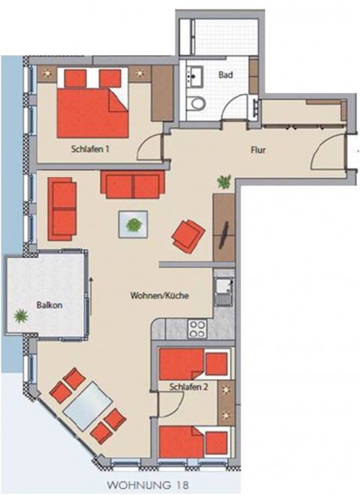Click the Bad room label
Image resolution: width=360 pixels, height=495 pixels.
coord(226,75)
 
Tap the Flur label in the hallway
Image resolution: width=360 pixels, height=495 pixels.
coord(258,150)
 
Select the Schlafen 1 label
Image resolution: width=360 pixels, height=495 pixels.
coord(90,148)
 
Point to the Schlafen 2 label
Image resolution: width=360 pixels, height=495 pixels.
coord(188,387)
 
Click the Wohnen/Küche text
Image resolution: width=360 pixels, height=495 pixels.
coord(160,295)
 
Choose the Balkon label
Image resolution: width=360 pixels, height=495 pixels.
coord(49,305)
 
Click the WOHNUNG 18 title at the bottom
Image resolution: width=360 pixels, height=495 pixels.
coord(148,484)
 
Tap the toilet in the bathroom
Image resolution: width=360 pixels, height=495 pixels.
coord(196,103)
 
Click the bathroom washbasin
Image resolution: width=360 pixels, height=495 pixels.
coord(194,76)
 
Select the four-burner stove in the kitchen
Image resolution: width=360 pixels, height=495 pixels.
coord(197,328)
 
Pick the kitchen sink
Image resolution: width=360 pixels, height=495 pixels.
coord(224,291)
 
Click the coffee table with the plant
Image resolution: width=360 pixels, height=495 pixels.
coord(133,224)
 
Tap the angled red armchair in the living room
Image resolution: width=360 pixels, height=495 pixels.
coord(188,236)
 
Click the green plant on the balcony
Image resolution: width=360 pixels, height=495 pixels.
coord(21,316)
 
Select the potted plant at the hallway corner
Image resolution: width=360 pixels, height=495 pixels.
coord(224,181)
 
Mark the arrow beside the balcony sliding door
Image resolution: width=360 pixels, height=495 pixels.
coord(91,296)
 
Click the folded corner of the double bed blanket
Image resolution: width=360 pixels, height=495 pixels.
coord(118,100)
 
